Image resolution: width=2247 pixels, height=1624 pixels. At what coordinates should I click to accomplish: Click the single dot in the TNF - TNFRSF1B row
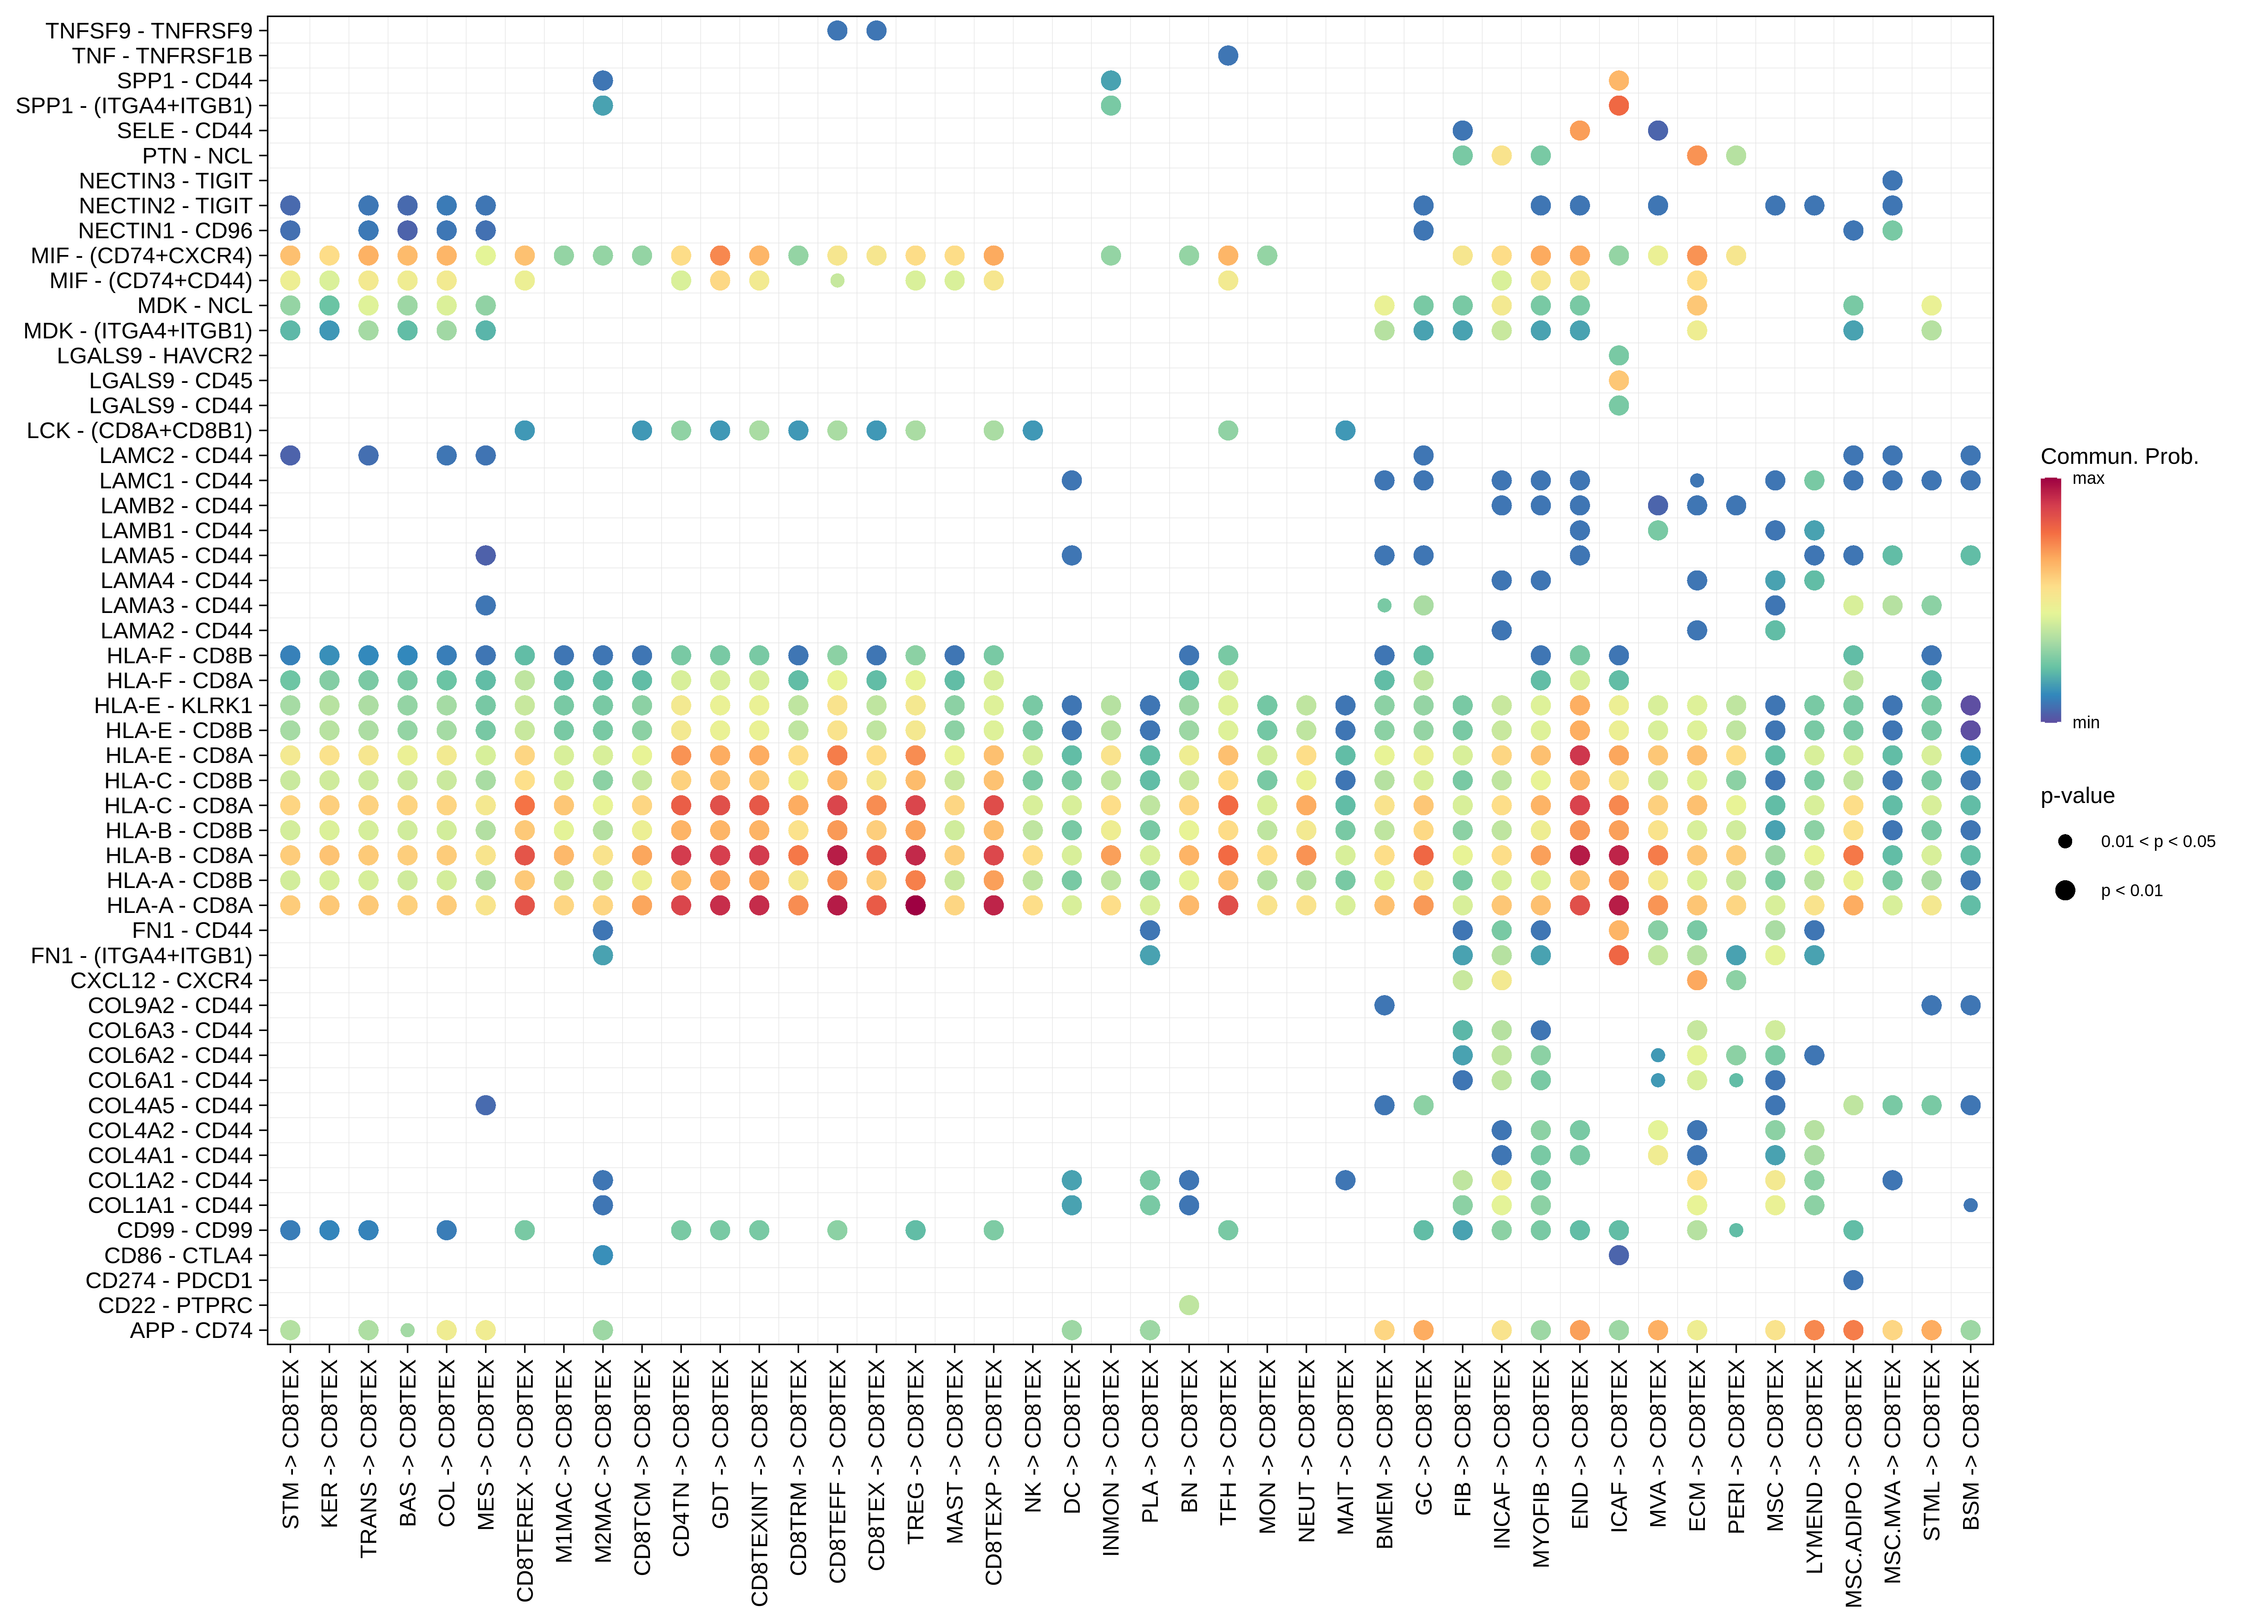pos(1228,56)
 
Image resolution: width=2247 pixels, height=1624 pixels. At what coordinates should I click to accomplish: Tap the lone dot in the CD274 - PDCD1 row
pos(1853,1280)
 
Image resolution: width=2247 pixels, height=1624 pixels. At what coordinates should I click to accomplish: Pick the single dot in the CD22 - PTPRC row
pos(1189,1305)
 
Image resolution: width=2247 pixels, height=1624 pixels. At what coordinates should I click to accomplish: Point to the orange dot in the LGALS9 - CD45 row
pos(1619,380)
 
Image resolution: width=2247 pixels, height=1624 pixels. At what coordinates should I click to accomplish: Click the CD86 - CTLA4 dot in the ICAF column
pos(1619,1255)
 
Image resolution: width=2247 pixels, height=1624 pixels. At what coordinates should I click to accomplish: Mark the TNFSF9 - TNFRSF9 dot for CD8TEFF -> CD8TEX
pos(837,31)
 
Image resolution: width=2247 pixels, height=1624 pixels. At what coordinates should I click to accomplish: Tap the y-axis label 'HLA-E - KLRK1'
pos(173,705)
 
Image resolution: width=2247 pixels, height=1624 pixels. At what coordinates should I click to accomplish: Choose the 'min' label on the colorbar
pos(2086,723)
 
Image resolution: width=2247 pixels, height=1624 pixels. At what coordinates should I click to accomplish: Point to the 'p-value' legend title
pos(2077,796)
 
